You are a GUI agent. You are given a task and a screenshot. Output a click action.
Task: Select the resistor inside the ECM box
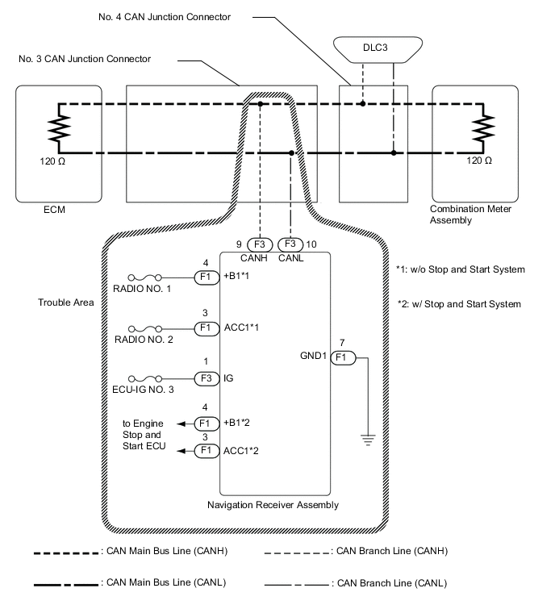59,127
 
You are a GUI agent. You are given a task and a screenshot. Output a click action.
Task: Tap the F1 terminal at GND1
344,356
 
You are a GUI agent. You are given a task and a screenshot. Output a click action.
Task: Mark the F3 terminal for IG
205,377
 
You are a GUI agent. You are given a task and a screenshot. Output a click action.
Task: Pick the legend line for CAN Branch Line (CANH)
297,552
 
